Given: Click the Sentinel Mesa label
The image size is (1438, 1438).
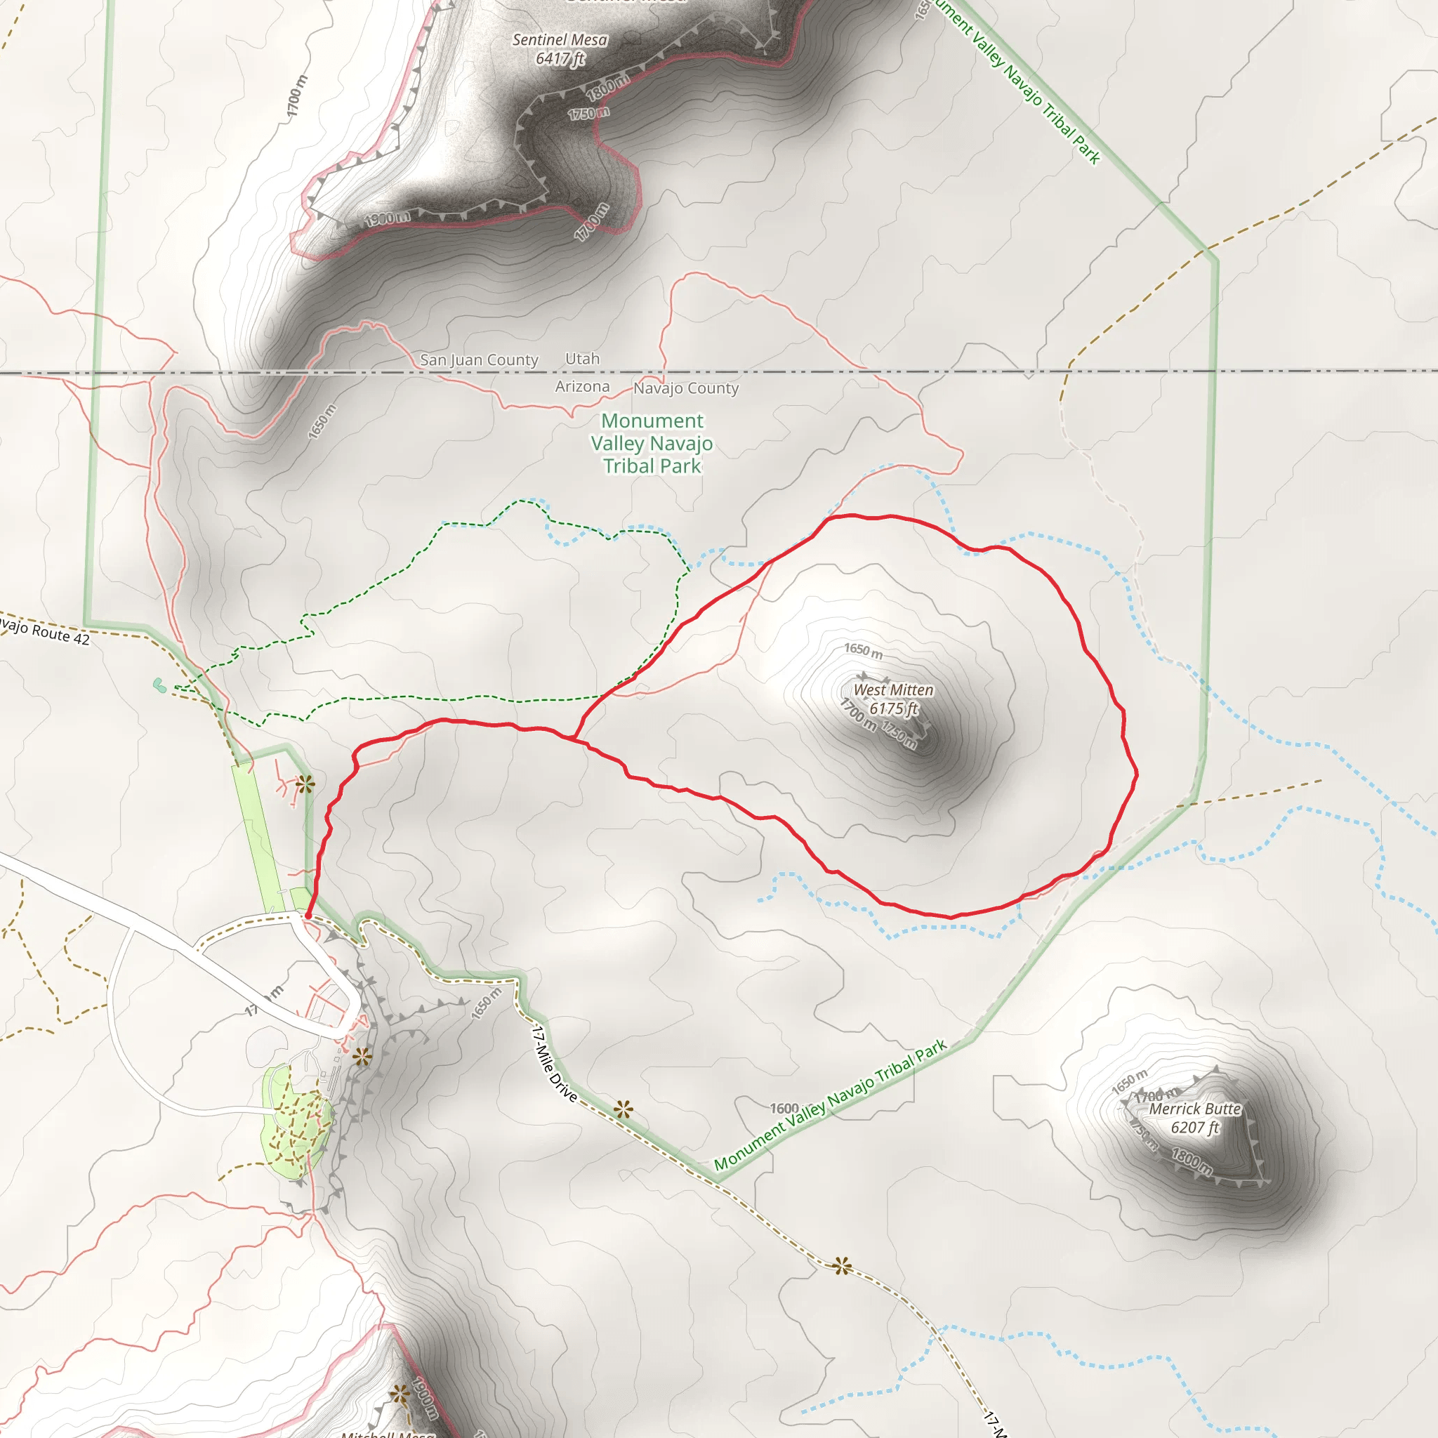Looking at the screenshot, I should coord(560,40).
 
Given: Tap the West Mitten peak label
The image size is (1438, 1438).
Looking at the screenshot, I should coord(892,690).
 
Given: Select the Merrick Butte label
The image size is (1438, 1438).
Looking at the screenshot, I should coord(1194,1109).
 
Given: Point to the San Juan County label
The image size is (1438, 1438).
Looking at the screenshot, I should coord(479,360).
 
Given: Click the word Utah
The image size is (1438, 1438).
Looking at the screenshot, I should coord(582,359).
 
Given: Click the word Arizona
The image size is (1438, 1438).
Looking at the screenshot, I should coord(582,386).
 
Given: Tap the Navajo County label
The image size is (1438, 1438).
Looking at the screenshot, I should coord(685,388).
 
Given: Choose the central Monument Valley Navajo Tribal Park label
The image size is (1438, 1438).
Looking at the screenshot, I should coord(652,444).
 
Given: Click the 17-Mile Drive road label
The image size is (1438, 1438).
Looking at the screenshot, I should coord(555,1064).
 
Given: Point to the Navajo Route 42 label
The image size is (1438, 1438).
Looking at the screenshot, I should coord(45,631).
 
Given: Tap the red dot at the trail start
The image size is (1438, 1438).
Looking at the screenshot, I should coord(308,916).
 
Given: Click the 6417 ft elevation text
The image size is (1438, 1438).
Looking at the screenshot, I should coord(560,59).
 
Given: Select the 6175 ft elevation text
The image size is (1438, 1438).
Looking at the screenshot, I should coord(893,708).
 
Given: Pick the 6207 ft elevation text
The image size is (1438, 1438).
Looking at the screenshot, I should coord(1194,1128).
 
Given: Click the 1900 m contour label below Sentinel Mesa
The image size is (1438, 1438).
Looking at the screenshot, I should coord(388,219).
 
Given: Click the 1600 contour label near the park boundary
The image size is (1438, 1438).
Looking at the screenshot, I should coord(784,1108).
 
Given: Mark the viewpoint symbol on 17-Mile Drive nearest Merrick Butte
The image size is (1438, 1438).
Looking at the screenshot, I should coord(842,1265).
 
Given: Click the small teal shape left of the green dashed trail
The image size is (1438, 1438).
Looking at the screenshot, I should coord(159,685).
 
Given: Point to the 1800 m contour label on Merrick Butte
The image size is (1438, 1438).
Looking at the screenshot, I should coord(1192,1161).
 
